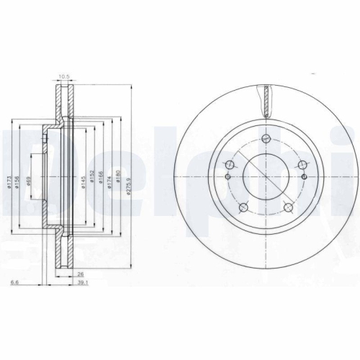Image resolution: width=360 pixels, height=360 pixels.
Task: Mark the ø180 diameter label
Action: pyautogui.click(x=117, y=175)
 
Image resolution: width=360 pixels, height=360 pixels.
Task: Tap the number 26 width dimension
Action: pyautogui.click(x=80, y=274)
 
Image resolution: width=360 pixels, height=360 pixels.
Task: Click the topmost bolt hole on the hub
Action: pyautogui.click(x=266, y=139)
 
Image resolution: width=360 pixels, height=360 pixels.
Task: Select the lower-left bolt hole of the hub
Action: pyautogui.click(x=243, y=207)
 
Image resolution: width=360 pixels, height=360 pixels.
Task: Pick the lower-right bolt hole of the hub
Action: pyautogui.click(x=288, y=207)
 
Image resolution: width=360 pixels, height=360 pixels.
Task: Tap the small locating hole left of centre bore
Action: pyautogui.click(x=228, y=176)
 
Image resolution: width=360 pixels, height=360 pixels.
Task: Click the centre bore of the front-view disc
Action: pyautogui.click(x=266, y=176)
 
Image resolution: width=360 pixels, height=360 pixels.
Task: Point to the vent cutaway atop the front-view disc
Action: pyautogui.click(x=266, y=99)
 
